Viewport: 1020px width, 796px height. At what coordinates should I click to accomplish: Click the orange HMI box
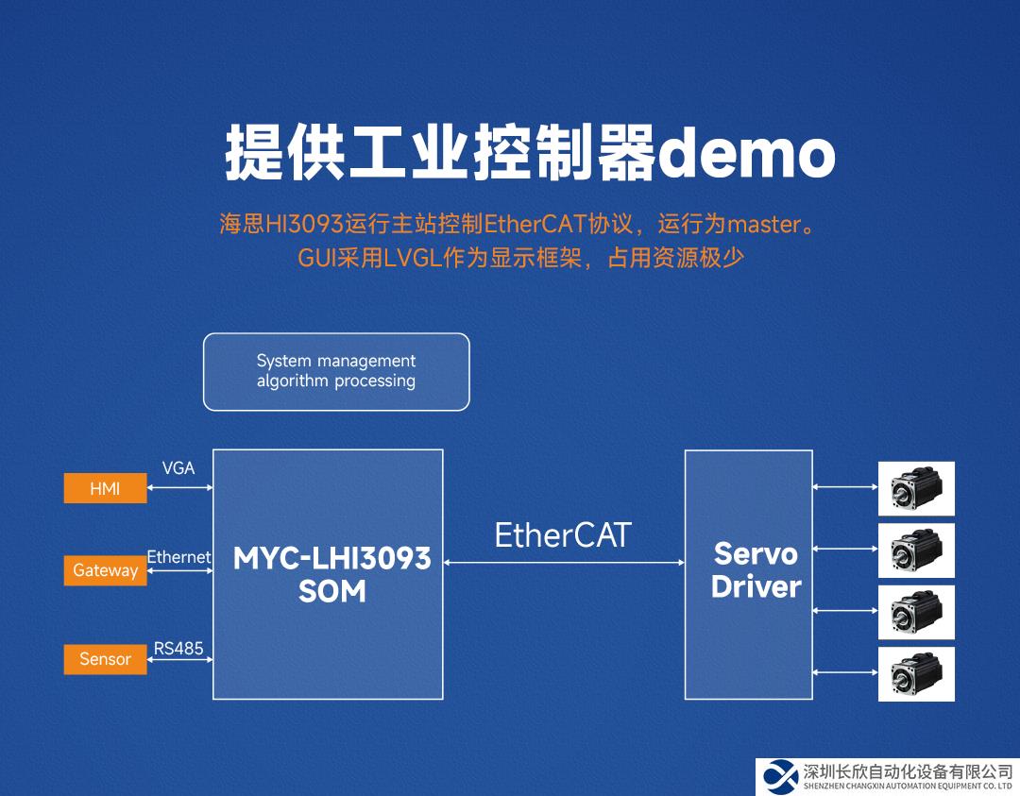click(x=105, y=489)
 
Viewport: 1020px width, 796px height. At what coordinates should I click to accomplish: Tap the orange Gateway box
click(x=105, y=570)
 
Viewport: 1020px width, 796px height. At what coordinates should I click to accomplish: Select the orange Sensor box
click(x=105, y=659)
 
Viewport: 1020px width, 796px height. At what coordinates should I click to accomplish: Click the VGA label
click(x=178, y=468)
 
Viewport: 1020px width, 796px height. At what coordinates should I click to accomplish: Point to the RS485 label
click(x=178, y=649)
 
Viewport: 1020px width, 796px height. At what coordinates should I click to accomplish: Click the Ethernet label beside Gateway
click(x=178, y=557)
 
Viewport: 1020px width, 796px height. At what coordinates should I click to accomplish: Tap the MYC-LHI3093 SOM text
click(x=331, y=574)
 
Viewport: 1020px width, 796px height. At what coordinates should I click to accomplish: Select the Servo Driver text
click(x=756, y=569)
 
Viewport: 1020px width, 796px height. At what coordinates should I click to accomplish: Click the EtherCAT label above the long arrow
click(x=562, y=535)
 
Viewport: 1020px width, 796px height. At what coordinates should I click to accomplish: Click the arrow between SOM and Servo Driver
click(x=564, y=563)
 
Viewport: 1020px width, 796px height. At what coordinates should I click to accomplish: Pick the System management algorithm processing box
click(x=336, y=371)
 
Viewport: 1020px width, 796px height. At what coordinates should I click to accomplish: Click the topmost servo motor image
click(x=916, y=488)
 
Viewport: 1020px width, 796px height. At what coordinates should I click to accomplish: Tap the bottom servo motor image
click(x=916, y=673)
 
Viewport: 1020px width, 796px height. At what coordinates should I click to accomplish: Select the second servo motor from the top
click(x=916, y=550)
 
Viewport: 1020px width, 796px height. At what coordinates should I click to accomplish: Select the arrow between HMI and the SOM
click(x=179, y=488)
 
